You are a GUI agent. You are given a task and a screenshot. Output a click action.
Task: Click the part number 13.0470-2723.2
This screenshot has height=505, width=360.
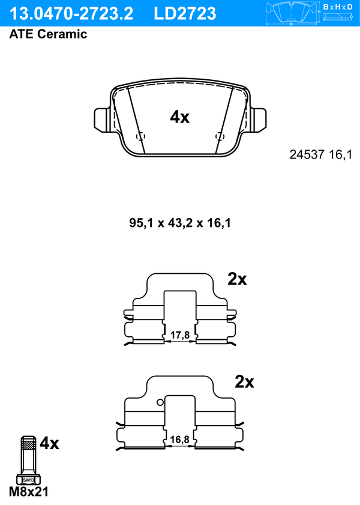pos(71,14)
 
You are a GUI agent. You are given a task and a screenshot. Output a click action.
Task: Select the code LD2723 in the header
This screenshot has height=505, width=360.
pos(185,14)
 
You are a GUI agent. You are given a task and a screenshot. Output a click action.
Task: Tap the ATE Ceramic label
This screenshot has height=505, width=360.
pos(48,34)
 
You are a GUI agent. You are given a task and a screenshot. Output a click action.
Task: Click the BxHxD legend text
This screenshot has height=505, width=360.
pos(338,7)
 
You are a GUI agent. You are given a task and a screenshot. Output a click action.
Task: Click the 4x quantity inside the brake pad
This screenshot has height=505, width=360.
pos(180,117)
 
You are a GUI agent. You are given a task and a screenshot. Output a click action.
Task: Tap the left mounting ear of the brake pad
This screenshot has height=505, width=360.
pos(103,120)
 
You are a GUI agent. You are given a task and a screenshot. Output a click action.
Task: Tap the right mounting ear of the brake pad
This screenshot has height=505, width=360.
pos(257,120)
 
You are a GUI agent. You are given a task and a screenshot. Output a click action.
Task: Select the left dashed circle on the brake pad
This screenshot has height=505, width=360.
pos(140,136)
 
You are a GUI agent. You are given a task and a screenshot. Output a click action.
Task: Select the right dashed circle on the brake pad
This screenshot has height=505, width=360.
pos(220,136)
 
